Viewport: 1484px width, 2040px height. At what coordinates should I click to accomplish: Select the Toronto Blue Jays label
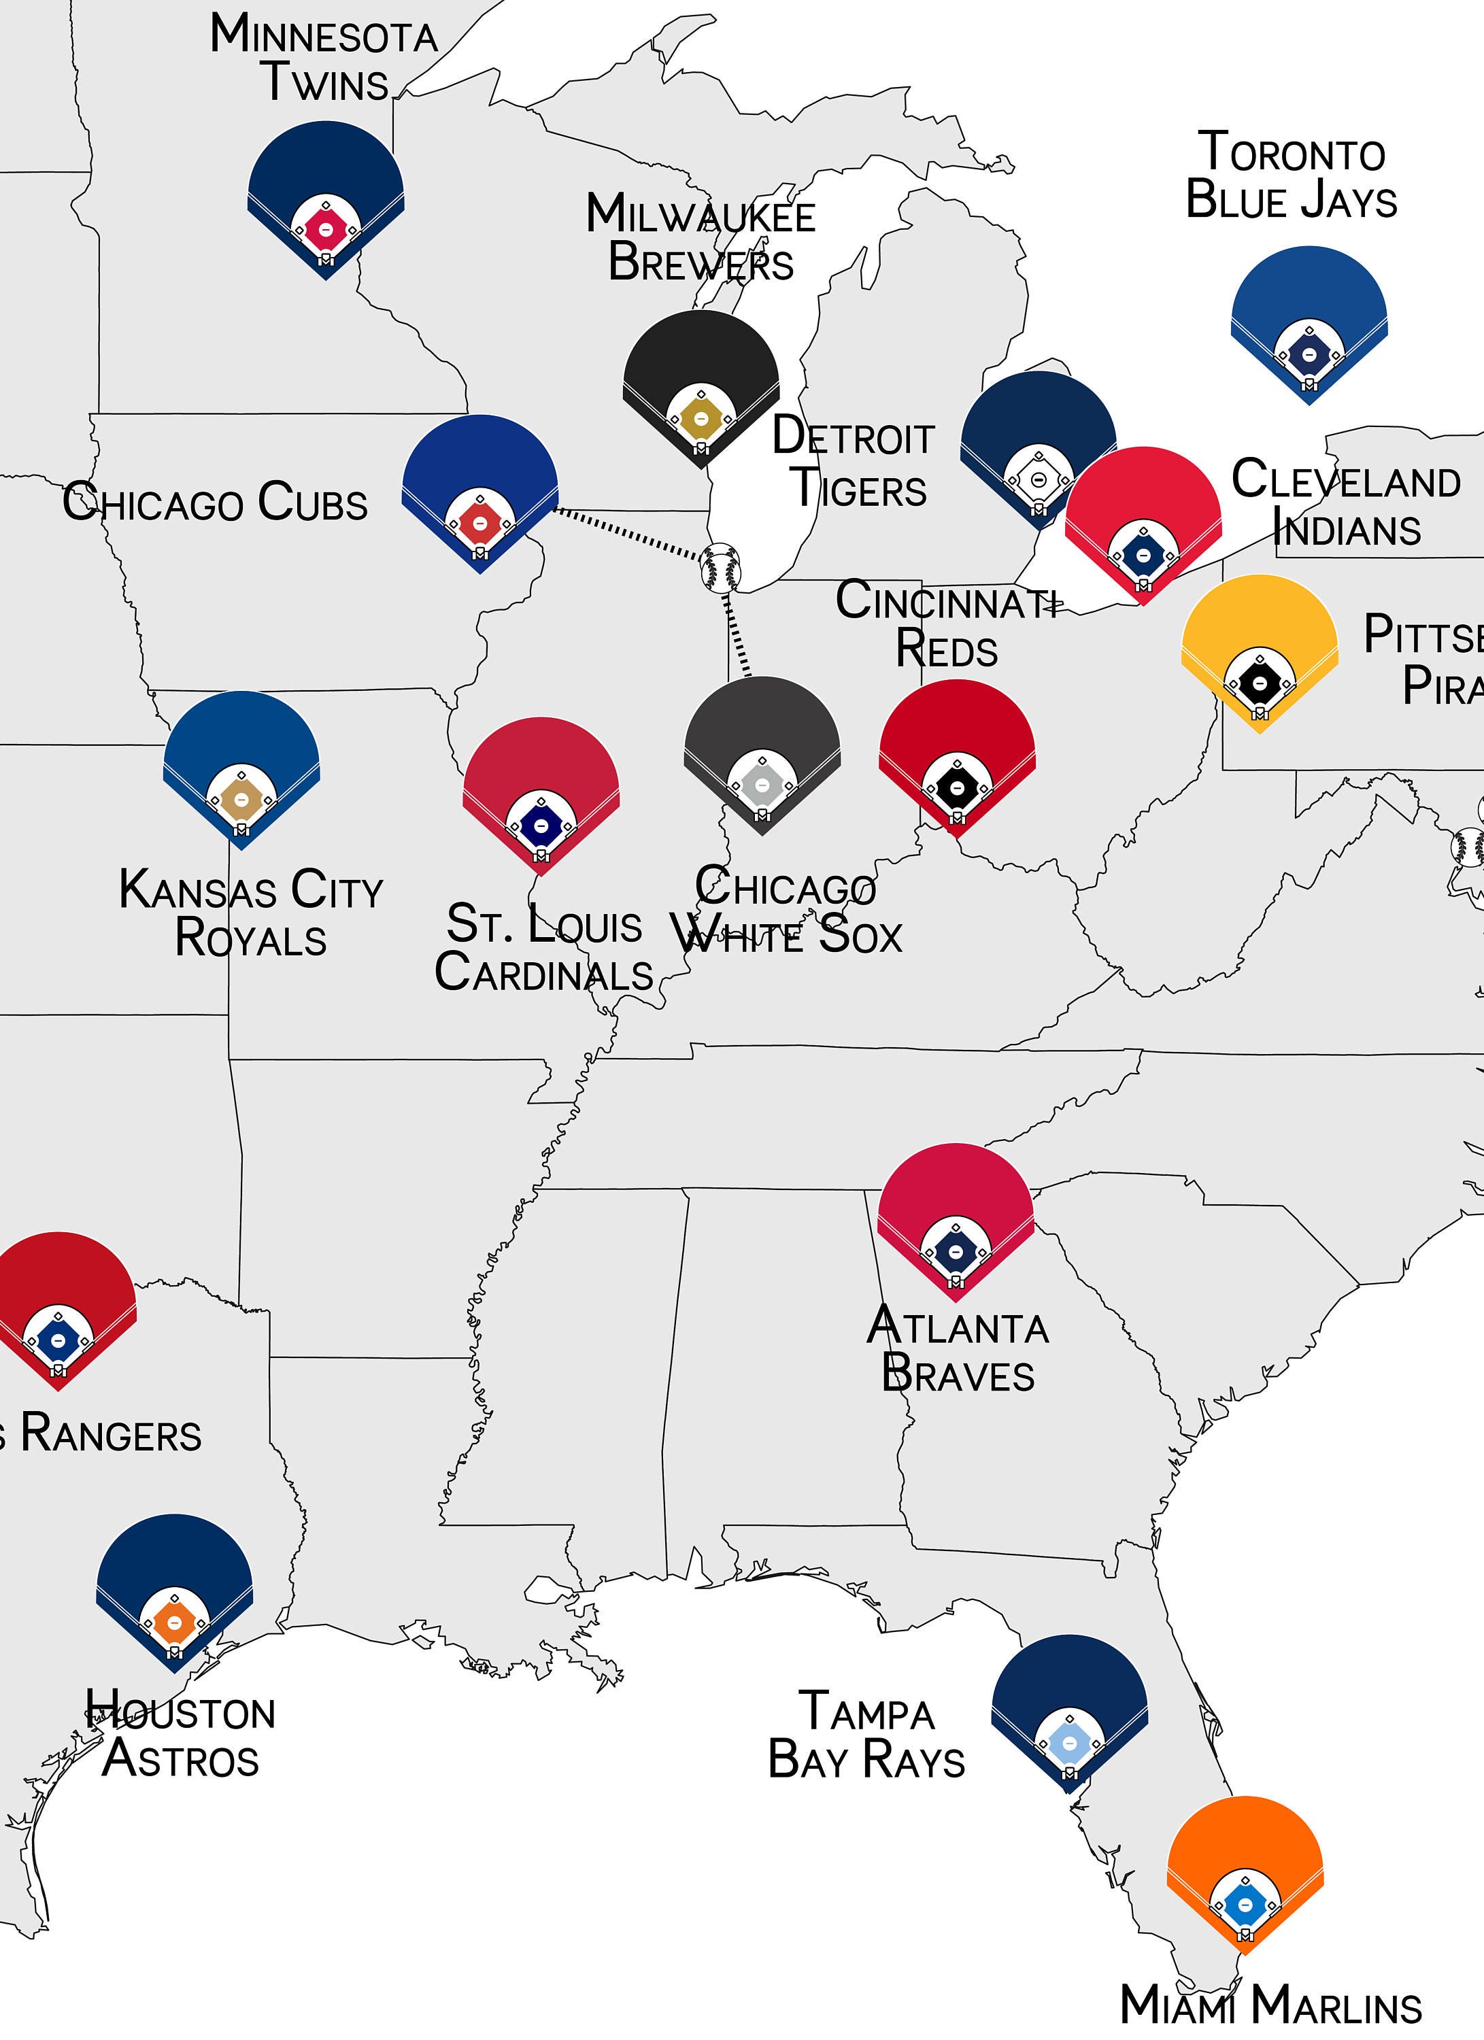(1292, 176)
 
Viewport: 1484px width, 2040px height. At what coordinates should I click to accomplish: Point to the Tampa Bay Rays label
(866, 1735)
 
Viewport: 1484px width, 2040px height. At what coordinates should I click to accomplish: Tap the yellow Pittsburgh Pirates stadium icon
(1259, 649)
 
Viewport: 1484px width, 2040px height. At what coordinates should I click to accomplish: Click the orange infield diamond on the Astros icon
(175, 1622)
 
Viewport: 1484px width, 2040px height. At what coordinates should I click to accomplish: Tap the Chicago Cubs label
(215, 502)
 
